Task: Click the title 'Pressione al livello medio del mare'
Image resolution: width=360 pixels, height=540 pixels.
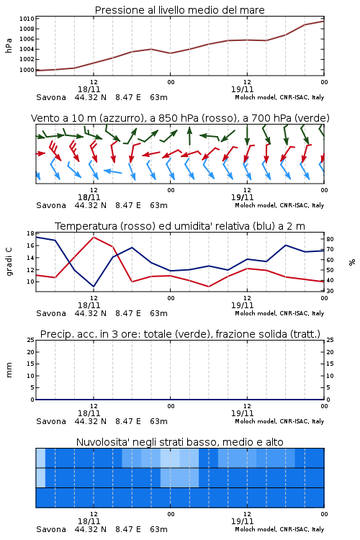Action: click(179, 10)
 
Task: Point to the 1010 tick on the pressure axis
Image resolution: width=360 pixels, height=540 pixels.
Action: click(27, 19)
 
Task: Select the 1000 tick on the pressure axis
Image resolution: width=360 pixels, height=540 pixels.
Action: click(27, 70)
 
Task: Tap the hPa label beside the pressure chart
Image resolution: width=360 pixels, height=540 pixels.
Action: click(9, 45)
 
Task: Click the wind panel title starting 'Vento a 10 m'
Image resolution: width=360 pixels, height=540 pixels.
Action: click(180, 118)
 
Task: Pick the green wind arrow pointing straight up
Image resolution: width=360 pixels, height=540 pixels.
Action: click(189, 136)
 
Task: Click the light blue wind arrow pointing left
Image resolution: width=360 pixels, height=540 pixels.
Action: click(112, 171)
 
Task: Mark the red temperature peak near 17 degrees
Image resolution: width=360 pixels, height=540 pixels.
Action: click(94, 238)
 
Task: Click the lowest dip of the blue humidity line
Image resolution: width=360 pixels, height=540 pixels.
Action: click(94, 287)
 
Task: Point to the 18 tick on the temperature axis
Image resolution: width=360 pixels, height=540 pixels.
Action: click(30, 233)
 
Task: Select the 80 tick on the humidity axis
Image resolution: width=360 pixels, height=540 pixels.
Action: click(330, 239)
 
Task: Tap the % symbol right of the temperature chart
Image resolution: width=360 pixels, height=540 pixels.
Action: click(352, 262)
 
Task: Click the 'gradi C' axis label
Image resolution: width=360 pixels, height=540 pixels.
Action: click(9, 262)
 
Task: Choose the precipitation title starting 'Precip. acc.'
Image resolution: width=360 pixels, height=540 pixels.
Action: click(180, 334)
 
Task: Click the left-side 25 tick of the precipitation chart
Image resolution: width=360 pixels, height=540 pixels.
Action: click(31, 341)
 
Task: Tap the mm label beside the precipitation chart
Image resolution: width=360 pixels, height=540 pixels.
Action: click(9, 370)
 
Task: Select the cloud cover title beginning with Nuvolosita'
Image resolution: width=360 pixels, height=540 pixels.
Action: click(179, 442)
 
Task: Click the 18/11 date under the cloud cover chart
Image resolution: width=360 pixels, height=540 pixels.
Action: click(89, 521)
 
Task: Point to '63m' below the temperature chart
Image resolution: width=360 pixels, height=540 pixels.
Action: click(158, 313)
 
